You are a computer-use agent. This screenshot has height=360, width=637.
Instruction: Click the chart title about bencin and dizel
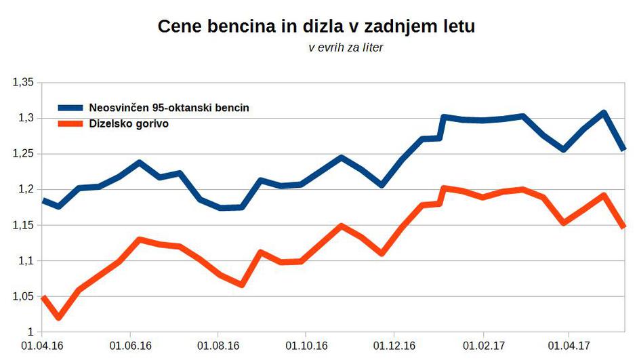pos(316,27)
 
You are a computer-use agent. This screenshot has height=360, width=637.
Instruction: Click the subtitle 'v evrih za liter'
pos(346,48)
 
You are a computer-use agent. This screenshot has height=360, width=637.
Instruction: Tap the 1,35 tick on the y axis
pos(22,83)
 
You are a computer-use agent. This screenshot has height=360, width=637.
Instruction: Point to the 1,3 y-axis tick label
pos(25,118)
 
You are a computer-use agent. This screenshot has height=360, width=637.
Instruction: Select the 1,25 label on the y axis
pos(22,154)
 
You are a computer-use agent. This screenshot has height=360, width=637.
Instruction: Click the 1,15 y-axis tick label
pos(22,225)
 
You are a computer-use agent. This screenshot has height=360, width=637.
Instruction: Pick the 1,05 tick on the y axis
pos(22,296)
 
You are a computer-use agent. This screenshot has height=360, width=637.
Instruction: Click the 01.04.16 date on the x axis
pos(42,345)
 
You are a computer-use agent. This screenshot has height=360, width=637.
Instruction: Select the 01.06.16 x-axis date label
pos(130,345)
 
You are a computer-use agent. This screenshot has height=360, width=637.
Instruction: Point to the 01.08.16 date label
pos(218,345)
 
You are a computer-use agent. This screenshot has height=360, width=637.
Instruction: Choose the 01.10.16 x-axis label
pos(306,345)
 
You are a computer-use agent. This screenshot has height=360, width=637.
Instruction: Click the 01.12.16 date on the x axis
pos(394,345)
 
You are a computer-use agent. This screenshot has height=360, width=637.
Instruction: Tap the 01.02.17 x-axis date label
pos(483,345)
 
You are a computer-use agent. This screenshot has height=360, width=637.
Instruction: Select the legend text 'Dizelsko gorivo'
pos(129,124)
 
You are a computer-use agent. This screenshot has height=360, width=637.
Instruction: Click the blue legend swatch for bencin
pos(70,107)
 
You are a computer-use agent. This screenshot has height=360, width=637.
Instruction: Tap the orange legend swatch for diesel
pos(70,124)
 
